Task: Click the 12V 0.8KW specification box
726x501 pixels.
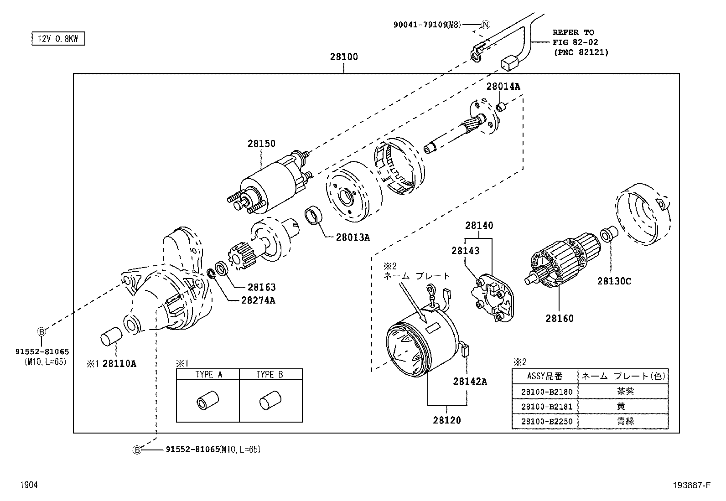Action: point(58,39)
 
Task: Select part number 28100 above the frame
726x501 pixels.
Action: point(344,57)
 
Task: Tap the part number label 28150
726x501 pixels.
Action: point(261,144)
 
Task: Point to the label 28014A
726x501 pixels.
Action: point(503,86)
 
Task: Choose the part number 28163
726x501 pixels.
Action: point(261,287)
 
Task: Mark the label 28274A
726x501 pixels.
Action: point(258,300)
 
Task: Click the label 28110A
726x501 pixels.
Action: point(119,363)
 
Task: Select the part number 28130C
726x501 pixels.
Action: point(614,281)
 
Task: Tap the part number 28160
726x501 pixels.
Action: point(560,318)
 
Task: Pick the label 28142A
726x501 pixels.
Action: point(470,382)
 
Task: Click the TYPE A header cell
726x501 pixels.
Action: point(208,375)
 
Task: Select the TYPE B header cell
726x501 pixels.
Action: point(270,375)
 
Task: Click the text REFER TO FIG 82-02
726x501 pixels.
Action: point(574,37)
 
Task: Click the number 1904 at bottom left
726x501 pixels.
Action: point(29,485)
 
